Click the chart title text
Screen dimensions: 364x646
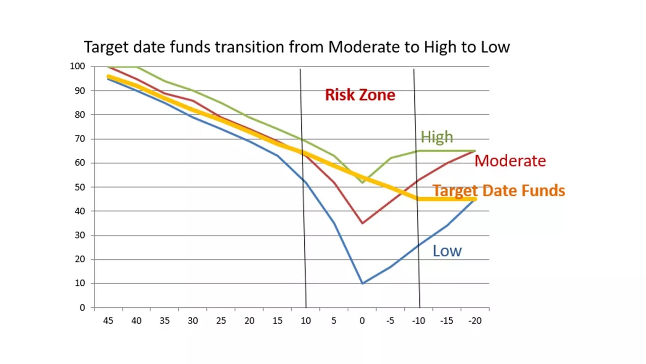click(297, 47)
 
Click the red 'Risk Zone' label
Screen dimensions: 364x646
click(360, 95)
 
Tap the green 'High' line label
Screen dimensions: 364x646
click(437, 137)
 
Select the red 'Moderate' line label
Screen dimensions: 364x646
click(510, 161)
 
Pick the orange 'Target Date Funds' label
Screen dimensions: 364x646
click(499, 191)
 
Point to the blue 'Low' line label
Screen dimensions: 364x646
click(447, 251)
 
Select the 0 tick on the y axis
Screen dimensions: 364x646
click(82, 307)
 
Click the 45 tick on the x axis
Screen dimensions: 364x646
click(108, 321)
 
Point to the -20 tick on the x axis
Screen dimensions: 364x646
click(474, 321)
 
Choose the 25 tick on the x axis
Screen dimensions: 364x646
click(221, 321)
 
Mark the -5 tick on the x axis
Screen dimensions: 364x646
click(390, 321)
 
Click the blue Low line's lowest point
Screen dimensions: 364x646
click(362, 283)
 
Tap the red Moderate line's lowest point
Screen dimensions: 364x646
click(362, 223)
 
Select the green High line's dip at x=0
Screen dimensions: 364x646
click(362, 182)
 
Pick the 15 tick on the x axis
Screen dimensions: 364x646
click(277, 321)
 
